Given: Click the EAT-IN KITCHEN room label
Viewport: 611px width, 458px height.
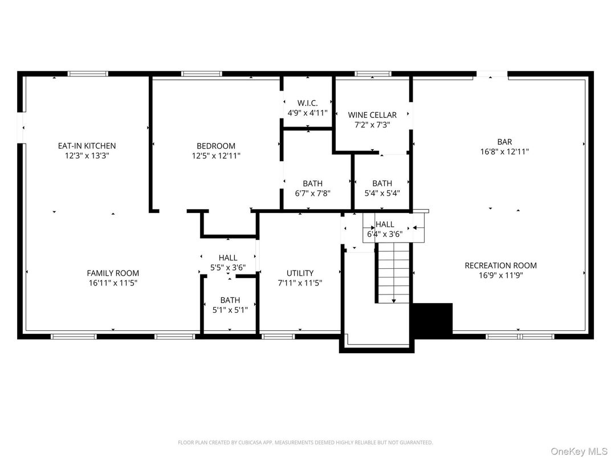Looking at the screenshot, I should click(87, 146).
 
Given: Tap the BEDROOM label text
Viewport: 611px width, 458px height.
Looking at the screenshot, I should click(216, 146).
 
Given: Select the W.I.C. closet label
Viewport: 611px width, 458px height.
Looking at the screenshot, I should click(308, 103).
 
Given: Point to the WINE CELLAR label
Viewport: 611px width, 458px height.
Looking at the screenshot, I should click(372, 115).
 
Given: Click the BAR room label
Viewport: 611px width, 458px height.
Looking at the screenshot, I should click(504, 142).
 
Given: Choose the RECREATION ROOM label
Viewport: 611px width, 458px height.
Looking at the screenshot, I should click(500, 265).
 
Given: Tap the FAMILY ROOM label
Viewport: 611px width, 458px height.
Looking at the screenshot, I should click(113, 273).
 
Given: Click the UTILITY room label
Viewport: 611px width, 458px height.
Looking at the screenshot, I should click(300, 273).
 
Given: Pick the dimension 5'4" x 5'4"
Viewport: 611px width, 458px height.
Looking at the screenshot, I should click(382, 193).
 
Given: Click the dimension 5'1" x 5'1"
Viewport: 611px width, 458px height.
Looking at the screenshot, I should click(230, 310).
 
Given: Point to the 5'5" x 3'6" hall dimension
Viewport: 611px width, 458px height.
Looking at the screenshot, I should click(227, 268).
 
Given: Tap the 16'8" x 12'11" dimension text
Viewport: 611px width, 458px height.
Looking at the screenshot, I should click(504, 152).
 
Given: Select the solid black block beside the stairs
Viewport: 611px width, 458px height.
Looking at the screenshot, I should click(431, 318).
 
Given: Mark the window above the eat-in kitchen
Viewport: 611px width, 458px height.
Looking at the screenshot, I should click(88, 73).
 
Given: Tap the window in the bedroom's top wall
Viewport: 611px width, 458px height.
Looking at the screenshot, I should click(202, 73).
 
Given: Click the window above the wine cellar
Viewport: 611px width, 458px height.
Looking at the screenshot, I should click(373, 73).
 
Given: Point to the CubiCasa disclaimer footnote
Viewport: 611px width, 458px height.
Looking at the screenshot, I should click(305, 443).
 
